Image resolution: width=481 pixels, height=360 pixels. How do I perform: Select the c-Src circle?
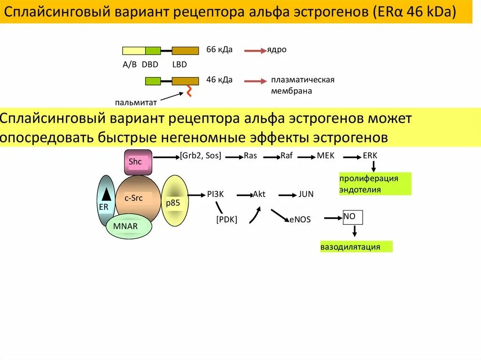click(x=138, y=199)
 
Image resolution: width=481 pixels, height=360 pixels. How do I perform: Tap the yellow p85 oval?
click(x=175, y=200)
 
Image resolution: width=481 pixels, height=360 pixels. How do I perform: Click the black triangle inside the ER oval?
click(x=107, y=193)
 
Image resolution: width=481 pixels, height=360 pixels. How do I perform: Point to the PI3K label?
click(x=215, y=194)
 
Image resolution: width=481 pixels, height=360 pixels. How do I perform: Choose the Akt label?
click(x=259, y=194)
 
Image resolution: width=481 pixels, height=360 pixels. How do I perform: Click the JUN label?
click(x=306, y=194)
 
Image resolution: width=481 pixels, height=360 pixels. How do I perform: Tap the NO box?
click(x=352, y=217)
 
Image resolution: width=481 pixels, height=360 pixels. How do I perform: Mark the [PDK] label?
click(x=226, y=219)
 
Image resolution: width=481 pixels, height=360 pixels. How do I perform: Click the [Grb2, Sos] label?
click(x=201, y=156)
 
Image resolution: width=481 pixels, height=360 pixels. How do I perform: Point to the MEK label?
click(x=326, y=156)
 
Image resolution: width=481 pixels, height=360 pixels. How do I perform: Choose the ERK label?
click(x=370, y=156)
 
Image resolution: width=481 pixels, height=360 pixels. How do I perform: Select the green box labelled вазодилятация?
click(x=356, y=247)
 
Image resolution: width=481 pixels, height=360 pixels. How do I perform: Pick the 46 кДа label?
click(x=219, y=79)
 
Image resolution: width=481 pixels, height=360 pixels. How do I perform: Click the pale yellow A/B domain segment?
click(x=134, y=51)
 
